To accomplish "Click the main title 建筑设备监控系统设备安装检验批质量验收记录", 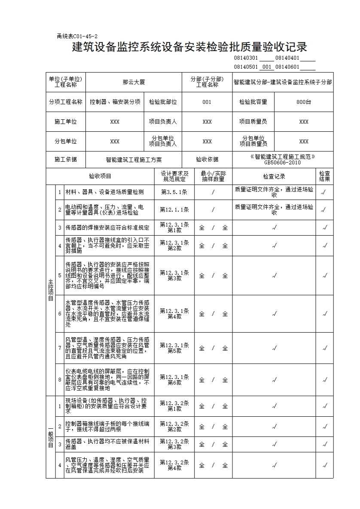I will coord(189,47).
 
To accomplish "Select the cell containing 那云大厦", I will coord(134,82).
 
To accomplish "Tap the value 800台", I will coord(303,102).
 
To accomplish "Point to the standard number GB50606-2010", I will coord(282,163).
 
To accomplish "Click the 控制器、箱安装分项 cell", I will coord(115,102).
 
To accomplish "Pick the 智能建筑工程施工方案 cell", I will coord(134,160).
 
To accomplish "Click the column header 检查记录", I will coord(274,176).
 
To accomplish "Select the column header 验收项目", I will coord(100,176).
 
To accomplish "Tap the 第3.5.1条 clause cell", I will coord(174,192).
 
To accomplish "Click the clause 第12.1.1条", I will coord(174,210).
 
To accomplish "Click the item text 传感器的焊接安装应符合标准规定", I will coord(107,228).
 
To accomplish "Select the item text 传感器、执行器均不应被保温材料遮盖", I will coord(107,444).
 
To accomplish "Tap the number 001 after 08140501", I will coord(266,67).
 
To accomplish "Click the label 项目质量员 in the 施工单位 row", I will coord(253,122).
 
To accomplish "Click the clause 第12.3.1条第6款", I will coord(174,380).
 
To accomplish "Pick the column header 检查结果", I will coord(324,176).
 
